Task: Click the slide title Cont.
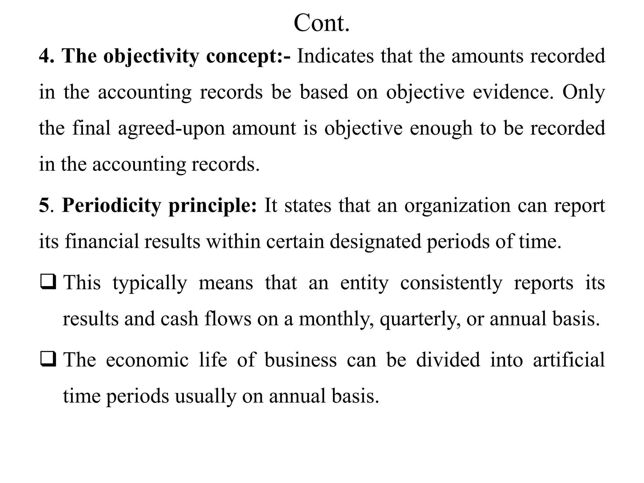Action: [321, 23]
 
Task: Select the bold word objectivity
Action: [151, 57]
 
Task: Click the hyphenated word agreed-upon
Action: [171, 129]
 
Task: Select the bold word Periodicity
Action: [111, 206]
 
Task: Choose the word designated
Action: [375, 242]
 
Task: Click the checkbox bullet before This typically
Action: [48, 282]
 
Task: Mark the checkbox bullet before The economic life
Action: [48, 359]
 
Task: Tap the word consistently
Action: [451, 283]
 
